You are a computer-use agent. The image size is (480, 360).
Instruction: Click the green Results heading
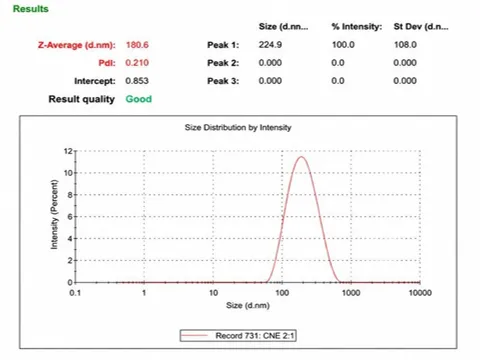tap(31, 9)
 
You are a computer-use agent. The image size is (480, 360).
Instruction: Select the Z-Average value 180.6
tap(137, 45)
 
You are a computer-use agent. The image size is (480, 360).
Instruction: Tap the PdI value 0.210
tap(137, 63)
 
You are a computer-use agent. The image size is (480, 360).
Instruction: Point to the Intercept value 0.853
tap(137, 81)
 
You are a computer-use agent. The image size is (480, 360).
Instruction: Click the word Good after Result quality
tap(139, 99)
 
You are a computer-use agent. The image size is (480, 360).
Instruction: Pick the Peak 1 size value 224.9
tap(270, 45)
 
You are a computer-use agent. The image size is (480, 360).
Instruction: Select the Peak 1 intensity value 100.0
tap(343, 45)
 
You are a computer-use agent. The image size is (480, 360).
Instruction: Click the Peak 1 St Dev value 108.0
tap(405, 45)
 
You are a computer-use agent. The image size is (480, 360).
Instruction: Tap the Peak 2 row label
tap(223, 63)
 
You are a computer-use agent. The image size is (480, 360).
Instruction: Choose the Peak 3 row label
tap(223, 81)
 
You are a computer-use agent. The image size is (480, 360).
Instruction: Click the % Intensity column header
tap(357, 27)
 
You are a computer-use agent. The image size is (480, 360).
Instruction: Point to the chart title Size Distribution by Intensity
tap(238, 127)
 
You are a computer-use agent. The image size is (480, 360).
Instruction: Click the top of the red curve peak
tap(301, 156)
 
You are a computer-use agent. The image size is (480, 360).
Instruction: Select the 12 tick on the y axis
tap(68, 151)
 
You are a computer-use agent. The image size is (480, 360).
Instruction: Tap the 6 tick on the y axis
tap(70, 217)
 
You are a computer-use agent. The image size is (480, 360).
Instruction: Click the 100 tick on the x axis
tap(282, 293)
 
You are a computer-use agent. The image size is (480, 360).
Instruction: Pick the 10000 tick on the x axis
tap(420, 293)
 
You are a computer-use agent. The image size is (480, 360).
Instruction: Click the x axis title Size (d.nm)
tap(248, 305)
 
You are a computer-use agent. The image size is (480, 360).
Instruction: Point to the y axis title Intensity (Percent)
tap(54, 215)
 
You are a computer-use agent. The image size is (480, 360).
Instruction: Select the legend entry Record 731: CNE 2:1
tap(238, 336)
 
